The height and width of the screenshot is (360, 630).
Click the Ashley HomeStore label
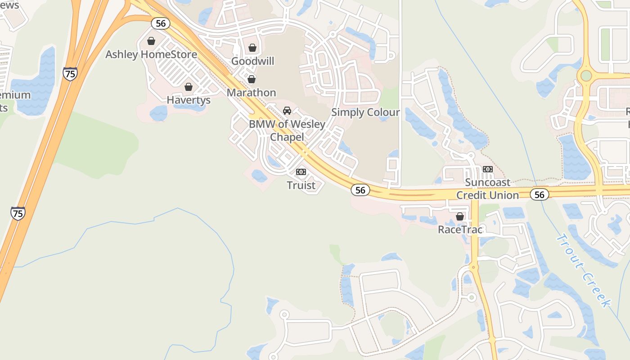tap(151, 54)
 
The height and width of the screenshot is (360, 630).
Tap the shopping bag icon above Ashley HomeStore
tap(151, 41)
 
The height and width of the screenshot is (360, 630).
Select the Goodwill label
tap(252, 61)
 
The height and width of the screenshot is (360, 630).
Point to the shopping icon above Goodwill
tap(252, 48)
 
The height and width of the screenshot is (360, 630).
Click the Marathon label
tap(252, 93)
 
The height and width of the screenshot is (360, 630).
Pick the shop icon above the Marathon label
tap(252, 79)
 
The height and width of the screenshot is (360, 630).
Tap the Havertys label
tap(189, 100)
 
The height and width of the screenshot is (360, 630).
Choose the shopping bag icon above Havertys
tap(189, 86)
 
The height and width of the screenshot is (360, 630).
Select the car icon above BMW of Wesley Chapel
tap(287, 111)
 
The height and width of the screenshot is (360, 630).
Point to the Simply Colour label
tap(365, 112)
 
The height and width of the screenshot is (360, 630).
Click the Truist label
tap(301, 185)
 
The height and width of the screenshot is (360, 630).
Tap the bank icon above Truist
tap(301, 172)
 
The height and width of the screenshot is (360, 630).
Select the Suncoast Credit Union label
tap(488, 189)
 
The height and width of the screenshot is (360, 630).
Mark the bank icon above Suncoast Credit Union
tap(488, 169)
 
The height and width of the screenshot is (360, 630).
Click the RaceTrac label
tap(460, 229)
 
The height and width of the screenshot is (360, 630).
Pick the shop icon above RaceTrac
tap(460, 216)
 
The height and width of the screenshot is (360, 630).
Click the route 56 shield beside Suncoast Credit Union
tap(539, 194)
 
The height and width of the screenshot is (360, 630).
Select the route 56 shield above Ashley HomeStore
tap(160, 23)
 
